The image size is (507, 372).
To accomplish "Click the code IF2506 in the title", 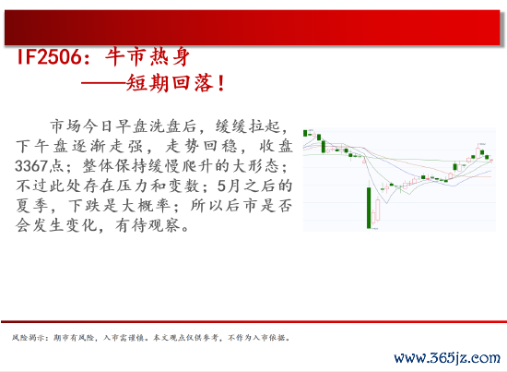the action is pyautogui.click(x=49, y=57).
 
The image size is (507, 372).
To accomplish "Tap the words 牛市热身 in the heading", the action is pyautogui.click(x=147, y=57).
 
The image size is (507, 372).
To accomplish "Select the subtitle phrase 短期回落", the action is pyautogui.click(x=170, y=83).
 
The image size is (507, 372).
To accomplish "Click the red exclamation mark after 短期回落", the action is pyautogui.click(x=221, y=83).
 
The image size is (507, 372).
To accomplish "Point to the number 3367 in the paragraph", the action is pyautogui.click(x=31, y=166).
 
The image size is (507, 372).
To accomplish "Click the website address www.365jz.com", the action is pyautogui.click(x=447, y=358).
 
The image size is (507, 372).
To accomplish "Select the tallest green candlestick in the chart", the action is pyautogui.click(x=369, y=208).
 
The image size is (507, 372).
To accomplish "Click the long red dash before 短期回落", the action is pyautogui.click(x=103, y=83).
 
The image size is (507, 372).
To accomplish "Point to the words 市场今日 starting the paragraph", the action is pyautogui.click(x=81, y=126).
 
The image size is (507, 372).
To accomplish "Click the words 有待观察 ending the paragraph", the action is pyautogui.click(x=147, y=225).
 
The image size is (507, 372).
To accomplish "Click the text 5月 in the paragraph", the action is pyautogui.click(x=229, y=186).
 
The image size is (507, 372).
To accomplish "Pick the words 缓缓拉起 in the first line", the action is pyautogui.click(x=248, y=126).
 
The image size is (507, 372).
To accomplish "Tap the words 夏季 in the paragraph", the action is pyautogui.click(x=32, y=206).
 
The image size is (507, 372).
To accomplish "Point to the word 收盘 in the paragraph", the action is pyautogui.click(x=277, y=146).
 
